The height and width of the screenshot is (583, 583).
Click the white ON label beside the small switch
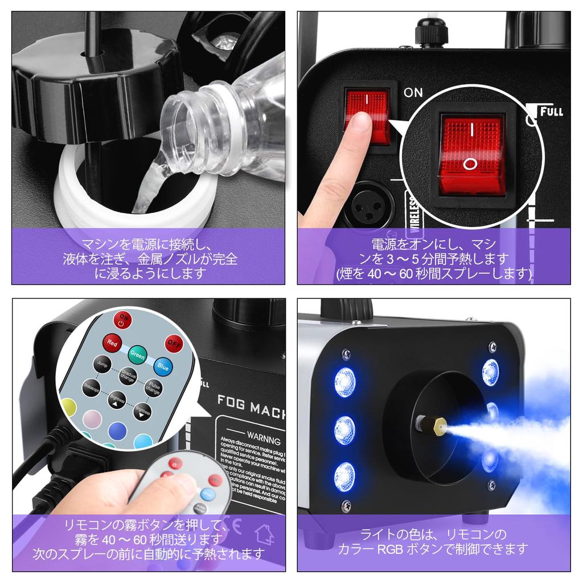[x=413, y=92]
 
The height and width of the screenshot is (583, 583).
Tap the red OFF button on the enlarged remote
[x=174, y=344]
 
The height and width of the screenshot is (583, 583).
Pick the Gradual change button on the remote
[x=128, y=376]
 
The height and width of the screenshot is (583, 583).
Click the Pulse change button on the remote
[x=152, y=388]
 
